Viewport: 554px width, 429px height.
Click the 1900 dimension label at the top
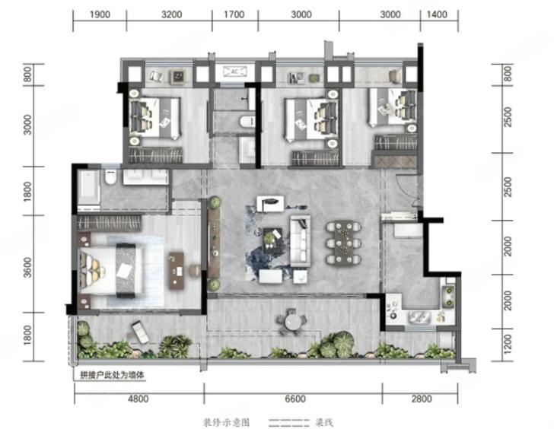coord(100,14)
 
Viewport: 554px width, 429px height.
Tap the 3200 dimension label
coord(172,14)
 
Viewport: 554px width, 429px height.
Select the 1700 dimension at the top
coord(234,14)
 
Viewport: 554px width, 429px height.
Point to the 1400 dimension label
coord(437,14)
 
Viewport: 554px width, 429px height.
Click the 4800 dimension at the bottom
coord(138,399)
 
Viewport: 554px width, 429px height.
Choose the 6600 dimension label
coord(295,399)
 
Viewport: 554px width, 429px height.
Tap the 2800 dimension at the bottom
coord(422,399)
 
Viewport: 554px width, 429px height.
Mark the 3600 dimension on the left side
coord(27,268)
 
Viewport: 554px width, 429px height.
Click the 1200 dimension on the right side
coord(508,344)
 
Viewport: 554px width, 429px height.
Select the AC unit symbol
coord(234,72)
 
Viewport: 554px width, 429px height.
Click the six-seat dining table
coord(343,243)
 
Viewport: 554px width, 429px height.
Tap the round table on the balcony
coord(292,322)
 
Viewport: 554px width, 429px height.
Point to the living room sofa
coord(301,240)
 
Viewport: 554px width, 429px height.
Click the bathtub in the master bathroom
coord(88,188)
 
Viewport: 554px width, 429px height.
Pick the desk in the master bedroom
coord(177,271)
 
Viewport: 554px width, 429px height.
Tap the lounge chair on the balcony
coord(140,332)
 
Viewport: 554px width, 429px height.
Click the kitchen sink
coord(419,316)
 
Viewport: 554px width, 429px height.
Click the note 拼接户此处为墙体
coord(113,375)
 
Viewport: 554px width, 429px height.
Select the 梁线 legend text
coord(323,422)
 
